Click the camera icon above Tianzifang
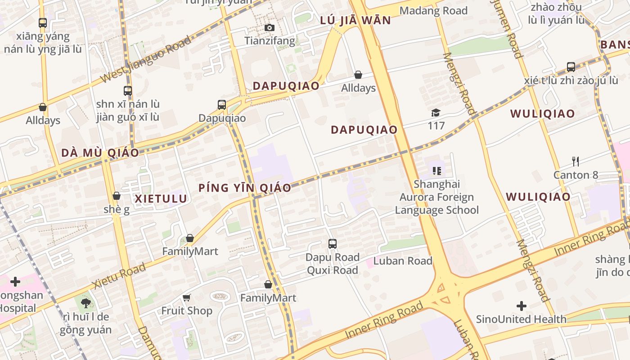tap(270, 28)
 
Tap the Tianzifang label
tap(270, 41)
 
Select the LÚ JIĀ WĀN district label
tap(355, 21)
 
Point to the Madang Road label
tap(433, 11)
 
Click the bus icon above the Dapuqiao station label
tap(222, 105)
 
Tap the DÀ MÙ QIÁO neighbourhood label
tap(100, 153)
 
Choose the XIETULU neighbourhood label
tap(161, 198)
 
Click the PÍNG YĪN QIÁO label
tap(245, 188)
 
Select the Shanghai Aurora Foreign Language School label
tap(436, 197)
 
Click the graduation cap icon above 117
tap(436, 112)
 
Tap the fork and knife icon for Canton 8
tap(575, 161)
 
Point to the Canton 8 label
tap(576, 175)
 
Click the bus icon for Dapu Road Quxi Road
tap(333, 244)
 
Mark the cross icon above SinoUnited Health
tap(522, 306)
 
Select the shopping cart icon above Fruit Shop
tap(187, 297)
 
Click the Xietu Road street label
tap(119, 276)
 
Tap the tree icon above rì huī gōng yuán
tap(85, 303)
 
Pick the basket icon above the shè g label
tap(117, 196)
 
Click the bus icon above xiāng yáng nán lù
tap(43, 22)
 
